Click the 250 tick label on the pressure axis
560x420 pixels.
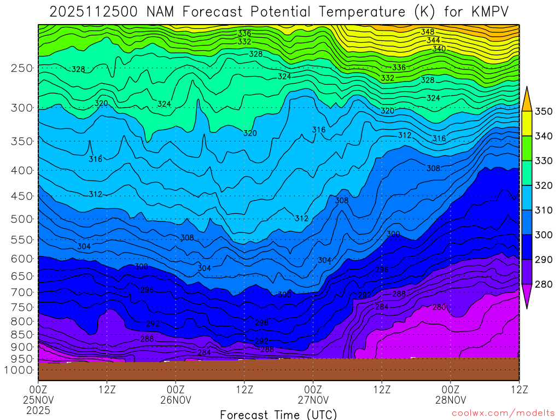point(22,68)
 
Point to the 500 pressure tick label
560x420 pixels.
point(22,219)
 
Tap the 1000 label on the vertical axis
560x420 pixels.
point(19,370)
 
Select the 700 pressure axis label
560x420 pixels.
point(22,291)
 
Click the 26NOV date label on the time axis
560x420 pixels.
point(176,400)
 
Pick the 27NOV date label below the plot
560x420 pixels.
point(313,400)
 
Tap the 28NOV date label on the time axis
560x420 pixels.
point(450,400)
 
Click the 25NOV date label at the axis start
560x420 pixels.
point(38,400)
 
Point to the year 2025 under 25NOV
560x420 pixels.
point(38,410)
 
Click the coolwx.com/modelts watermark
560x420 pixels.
point(503,413)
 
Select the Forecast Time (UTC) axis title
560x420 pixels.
point(278,414)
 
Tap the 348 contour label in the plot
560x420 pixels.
point(427,32)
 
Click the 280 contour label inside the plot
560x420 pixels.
point(439,307)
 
